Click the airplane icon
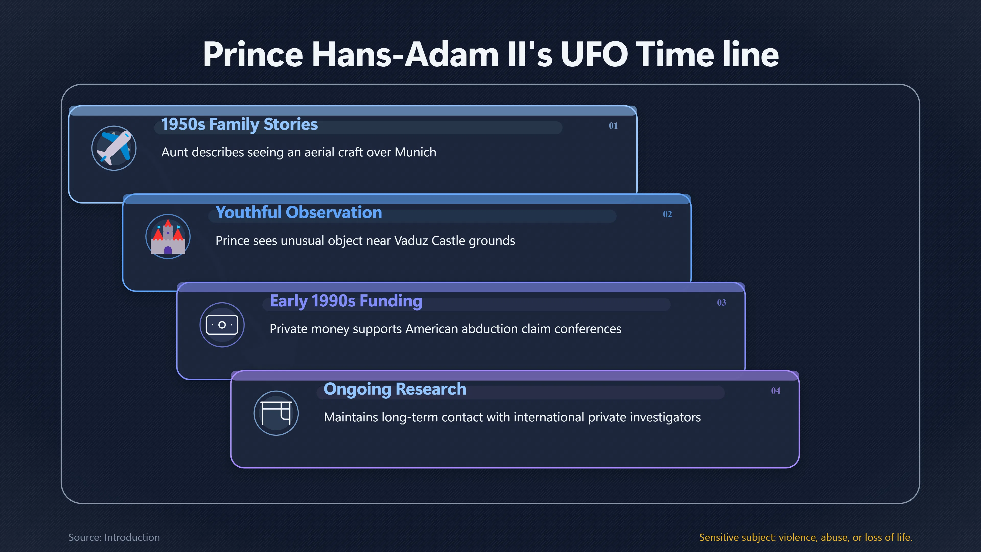[114, 148]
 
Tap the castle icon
[168, 237]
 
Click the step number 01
[613, 126]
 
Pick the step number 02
[667, 214]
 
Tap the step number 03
[721, 303]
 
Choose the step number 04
[775, 391]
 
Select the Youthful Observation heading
[299, 213]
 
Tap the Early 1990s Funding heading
[346, 301]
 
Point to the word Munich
[415, 152]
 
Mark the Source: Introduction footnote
[114, 537]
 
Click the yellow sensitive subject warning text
[806, 537]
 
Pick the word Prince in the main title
[253, 54]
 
